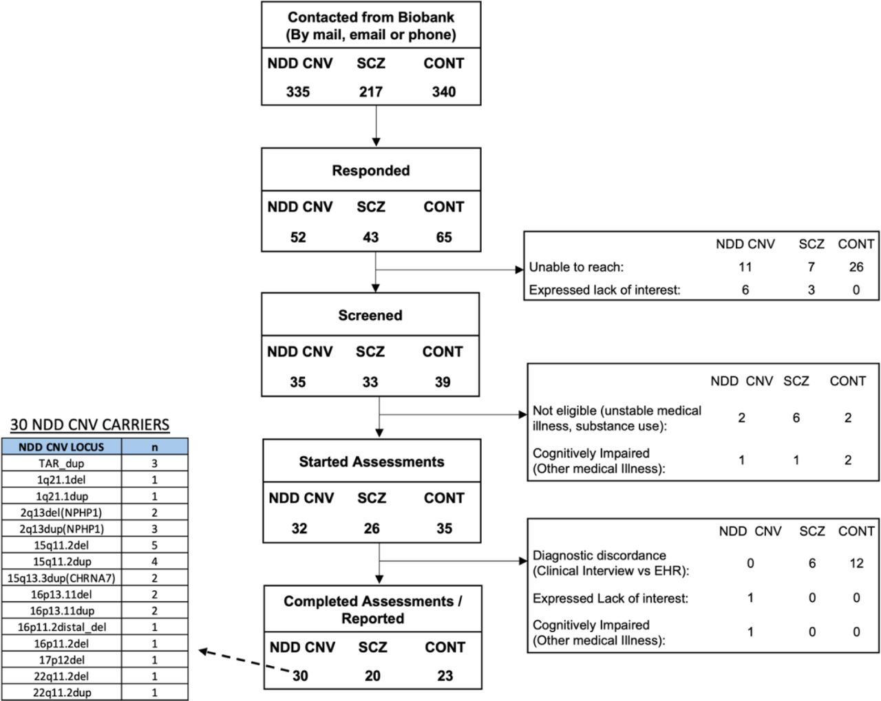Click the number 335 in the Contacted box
click(297, 91)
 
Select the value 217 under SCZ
click(371, 91)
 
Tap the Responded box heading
click(371, 170)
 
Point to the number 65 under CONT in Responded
click(444, 237)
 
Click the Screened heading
click(370, 315)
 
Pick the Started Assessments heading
click(371, 462)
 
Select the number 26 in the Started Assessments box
click(372, 528)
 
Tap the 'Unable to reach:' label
click(576, 267)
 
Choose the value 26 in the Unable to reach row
click(856, 267)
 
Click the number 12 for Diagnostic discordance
click(856, 563)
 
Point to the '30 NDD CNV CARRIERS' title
click(89, 424)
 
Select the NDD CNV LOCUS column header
click(61, 447)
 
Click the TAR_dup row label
click(61, 463)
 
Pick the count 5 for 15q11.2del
click(154, 545)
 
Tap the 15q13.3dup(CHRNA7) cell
click(61, 578)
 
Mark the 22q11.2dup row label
click(62, 693)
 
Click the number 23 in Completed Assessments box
click(445, 676)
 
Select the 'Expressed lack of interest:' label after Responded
click(605, 290)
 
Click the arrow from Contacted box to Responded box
click(376, 126)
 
